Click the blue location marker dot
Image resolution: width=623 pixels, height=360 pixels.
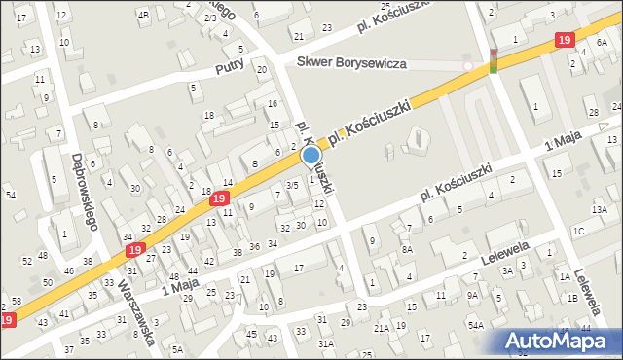311,155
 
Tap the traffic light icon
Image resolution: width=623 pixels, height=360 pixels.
493,60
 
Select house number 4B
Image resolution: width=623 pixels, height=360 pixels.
143,15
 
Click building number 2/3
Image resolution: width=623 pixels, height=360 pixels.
210,18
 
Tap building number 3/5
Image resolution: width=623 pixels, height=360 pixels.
291,186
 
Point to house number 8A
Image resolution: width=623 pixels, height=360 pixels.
409,250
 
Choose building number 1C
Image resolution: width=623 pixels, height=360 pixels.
578,231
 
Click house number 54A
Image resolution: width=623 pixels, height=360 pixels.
475,325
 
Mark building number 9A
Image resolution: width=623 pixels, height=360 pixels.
472,296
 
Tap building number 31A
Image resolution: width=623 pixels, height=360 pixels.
326,343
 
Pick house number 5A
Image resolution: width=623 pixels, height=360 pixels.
177,348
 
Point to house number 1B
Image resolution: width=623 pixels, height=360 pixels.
574,298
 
